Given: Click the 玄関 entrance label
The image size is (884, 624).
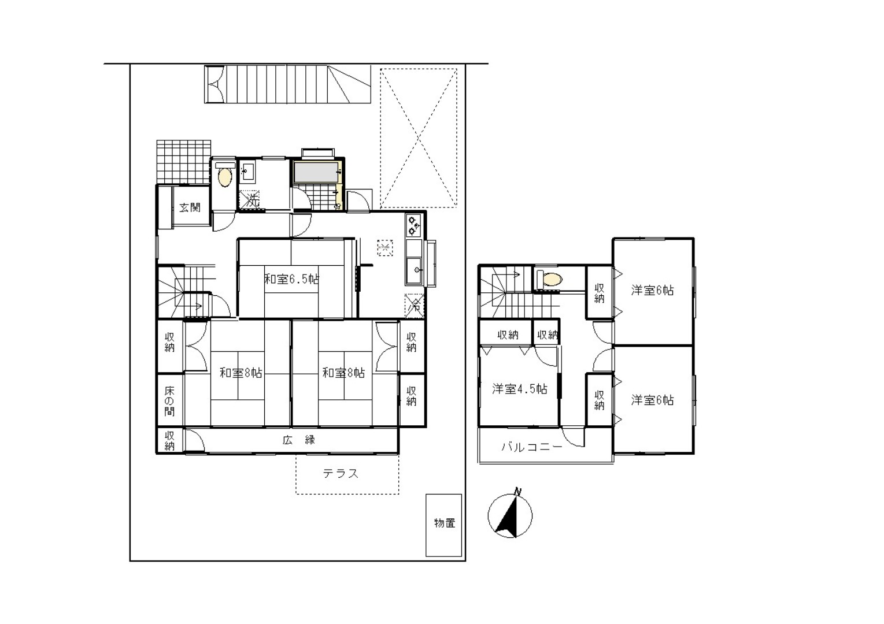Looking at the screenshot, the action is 190,207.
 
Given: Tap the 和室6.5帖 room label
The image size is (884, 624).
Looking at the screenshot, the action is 291,279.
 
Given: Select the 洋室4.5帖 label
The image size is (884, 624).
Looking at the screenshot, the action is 519,389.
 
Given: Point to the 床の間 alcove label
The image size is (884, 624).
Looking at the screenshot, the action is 169,401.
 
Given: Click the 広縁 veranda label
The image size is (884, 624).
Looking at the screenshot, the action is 299,440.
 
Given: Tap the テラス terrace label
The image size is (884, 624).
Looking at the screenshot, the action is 340,473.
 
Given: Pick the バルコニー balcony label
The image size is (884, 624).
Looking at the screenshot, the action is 531,447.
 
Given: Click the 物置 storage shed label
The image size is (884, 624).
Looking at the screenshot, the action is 445,523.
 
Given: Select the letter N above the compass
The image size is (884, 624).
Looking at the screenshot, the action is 517,492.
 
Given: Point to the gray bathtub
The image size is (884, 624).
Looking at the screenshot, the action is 316,173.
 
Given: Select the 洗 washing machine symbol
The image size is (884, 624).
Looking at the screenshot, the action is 250,200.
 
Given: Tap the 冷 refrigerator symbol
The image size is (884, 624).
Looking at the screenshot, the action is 415,306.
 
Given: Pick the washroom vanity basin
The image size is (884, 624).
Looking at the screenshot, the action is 248,172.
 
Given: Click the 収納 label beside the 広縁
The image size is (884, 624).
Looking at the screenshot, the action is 169,441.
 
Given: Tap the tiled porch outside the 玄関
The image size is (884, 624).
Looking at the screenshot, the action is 183,162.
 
